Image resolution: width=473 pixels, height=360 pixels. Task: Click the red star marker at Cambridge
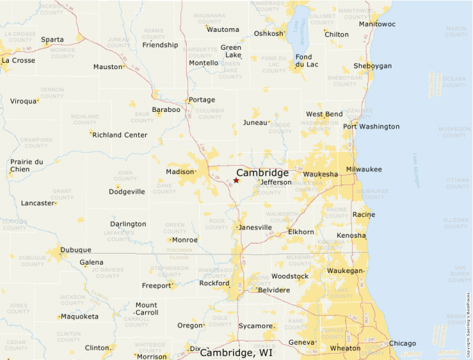point(236,180)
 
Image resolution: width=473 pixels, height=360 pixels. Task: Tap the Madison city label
point(180,172)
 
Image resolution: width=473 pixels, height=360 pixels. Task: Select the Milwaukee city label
point(364,169)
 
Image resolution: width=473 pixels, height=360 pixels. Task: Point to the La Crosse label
point(18,60)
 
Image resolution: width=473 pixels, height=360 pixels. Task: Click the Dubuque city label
point(75,250)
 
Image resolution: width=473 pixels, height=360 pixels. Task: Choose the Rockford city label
point(214,283)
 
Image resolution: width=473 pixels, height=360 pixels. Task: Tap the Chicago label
point(402,343)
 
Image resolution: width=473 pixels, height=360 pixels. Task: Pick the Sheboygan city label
point(373,66)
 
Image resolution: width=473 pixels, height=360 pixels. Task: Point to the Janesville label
point(254,227)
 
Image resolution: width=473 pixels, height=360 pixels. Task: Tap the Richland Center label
point(120,135)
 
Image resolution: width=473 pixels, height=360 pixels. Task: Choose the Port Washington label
point(371,126)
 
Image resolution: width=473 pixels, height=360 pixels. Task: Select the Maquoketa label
point(80,316)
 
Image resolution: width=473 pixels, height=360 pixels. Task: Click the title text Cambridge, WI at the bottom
point(236,353)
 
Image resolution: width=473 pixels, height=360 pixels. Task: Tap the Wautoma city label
point(223,30)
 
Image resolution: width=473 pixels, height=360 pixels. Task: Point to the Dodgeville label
point(127,191)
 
